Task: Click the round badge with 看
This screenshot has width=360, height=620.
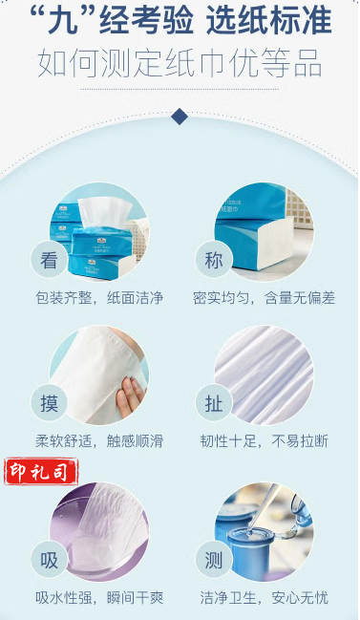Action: [49, 260]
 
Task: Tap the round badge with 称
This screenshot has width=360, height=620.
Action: [214, 260]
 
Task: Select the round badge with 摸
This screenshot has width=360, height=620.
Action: [49, 403]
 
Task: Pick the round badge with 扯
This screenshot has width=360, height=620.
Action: [214, 403]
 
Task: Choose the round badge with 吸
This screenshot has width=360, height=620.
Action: [49, 560]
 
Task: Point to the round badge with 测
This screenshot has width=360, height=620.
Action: [214, 560]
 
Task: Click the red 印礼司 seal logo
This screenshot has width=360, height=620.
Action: [41, 472]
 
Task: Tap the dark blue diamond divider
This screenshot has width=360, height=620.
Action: [180, 117]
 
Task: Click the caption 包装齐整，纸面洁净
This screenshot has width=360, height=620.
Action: [99, 298]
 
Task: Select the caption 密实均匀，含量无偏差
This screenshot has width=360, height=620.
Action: [264, 298]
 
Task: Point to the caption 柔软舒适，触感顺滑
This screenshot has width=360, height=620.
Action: [99, 441]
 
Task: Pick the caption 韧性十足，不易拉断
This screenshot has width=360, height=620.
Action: [264, 441]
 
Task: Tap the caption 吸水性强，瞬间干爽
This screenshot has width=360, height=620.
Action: [99, 598]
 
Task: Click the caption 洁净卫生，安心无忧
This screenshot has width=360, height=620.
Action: [264, 598]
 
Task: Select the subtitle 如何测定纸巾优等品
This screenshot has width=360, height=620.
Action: [180, 63]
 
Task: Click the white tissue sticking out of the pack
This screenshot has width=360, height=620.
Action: [105, 213]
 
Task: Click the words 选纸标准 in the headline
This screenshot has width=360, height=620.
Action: [269, 20]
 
